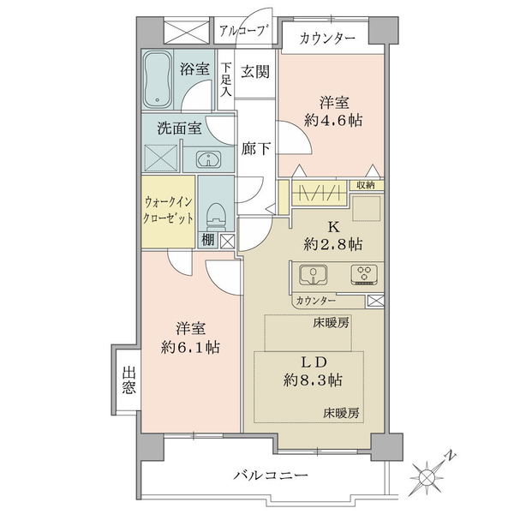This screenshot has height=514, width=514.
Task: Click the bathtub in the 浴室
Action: click(158, 79)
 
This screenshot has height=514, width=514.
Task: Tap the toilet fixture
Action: click(215, 217)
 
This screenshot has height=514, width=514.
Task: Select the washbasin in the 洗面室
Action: click(208, 159)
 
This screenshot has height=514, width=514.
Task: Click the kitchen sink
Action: click(314, 274)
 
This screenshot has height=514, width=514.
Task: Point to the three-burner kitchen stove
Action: click(364, 274)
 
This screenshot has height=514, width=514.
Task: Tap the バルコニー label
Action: click(271, 475)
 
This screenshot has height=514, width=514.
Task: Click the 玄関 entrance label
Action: click(255, 72)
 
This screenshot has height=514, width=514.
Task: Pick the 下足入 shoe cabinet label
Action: click(226, 80)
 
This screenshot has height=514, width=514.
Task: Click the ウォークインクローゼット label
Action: click(168, 210)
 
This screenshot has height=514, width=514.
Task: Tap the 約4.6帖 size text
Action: click(333, 121)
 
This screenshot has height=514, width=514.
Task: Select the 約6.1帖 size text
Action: click(190, 346)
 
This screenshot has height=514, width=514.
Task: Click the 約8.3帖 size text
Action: click(313, 380)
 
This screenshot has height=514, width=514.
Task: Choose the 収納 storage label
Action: click(365, 185)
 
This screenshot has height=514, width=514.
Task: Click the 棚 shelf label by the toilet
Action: click(208, 240)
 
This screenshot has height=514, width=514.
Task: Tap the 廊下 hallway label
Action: click(255, 149)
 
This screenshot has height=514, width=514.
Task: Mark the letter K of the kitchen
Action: click(333, 227)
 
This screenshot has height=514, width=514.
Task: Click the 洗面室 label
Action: click(180, 128)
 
